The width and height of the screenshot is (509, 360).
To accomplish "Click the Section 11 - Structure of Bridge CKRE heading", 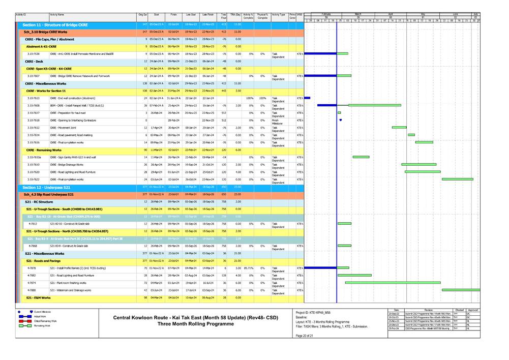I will point(55,24).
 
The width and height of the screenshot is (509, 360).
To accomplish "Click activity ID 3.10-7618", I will point(34,120).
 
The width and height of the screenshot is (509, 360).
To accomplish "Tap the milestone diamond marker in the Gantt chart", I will point(340,120).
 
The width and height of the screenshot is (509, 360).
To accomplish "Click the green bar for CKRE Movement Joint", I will point(399,127).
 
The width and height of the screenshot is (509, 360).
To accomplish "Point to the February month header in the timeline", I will point(326,14).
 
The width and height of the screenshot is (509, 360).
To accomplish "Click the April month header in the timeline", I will point(391,14).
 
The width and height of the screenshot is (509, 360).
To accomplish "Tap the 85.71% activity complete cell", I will point(248,267).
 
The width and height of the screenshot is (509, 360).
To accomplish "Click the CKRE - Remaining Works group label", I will point(44,150).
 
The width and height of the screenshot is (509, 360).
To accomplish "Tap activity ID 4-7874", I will point(32,282).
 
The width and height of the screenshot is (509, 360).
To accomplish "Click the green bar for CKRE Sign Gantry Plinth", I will point(361,157).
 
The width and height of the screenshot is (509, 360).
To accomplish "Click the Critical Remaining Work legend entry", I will point(46,321).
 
